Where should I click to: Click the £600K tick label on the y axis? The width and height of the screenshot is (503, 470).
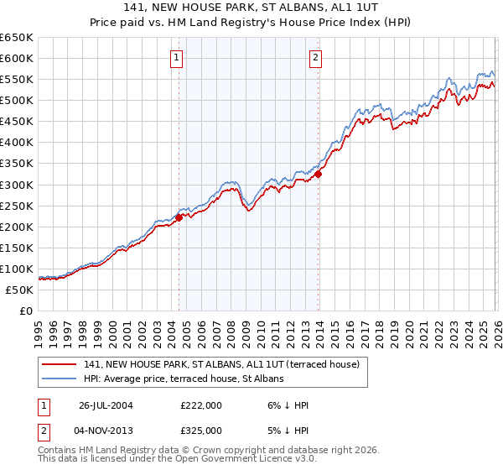[17, 58]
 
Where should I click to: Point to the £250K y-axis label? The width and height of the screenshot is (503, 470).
[17, 206]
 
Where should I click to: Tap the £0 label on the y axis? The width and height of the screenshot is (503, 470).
[26, 311]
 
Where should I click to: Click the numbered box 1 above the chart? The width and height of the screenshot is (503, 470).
[178, 58]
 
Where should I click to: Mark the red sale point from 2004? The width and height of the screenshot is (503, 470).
[179, 217]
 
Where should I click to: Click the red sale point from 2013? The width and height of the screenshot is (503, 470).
[319, 174]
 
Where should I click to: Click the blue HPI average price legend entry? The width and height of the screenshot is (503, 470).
[184, 379]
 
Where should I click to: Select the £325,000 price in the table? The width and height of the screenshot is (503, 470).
[201, 430]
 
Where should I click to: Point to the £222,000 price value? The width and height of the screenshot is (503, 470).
[201, 405]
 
